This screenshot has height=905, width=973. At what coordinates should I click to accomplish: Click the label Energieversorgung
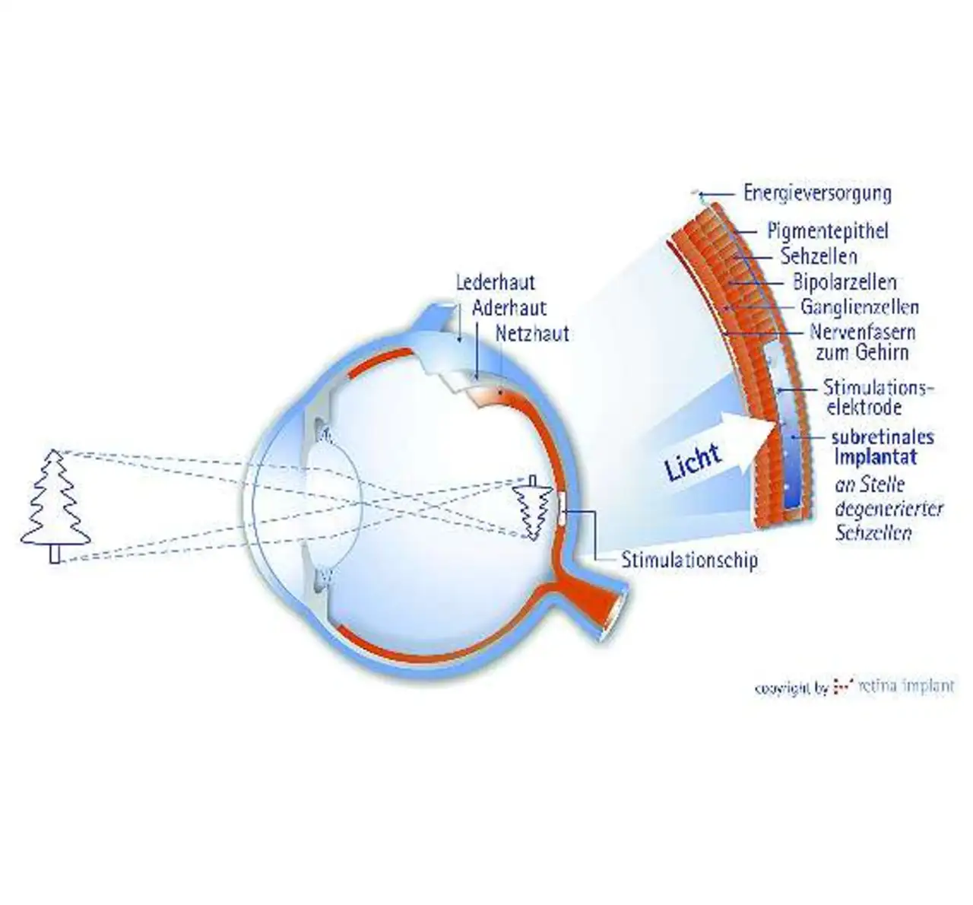[817, 193]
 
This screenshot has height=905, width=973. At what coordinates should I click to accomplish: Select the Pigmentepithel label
[827, 231]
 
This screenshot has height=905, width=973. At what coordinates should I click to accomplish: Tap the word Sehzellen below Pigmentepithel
[819, 256]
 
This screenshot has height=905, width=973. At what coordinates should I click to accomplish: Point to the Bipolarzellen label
[845, 282]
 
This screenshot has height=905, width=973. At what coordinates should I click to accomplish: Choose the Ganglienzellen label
[859, 307]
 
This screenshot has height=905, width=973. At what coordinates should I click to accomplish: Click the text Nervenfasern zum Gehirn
[861, 342]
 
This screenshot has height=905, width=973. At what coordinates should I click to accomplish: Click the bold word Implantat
[875, 457]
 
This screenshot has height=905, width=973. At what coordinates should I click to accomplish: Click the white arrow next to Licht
[749, 437]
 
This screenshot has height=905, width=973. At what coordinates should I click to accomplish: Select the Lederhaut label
[496, 282]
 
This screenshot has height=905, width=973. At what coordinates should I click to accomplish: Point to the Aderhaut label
[509, 308]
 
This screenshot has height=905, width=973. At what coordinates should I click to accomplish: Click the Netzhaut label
[531, 333]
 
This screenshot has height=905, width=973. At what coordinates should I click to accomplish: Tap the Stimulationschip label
[689, 561]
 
